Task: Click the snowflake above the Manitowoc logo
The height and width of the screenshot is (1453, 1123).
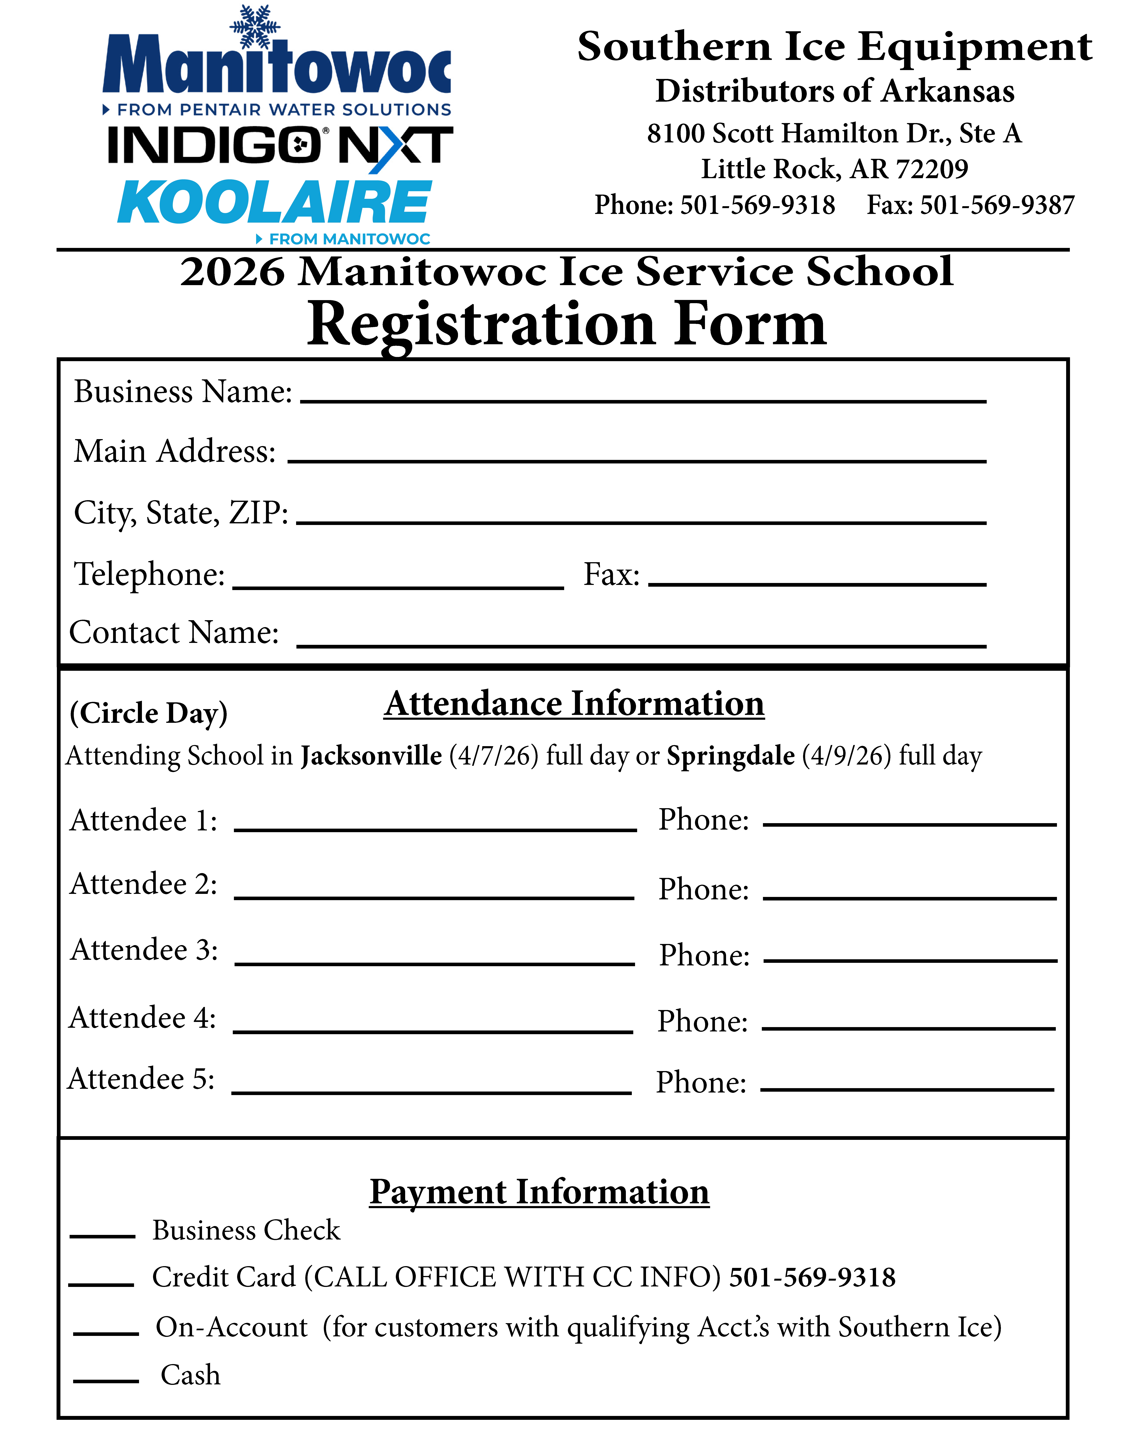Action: [x=255, y=27]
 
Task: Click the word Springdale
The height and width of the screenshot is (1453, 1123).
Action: [x=730, y=756]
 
